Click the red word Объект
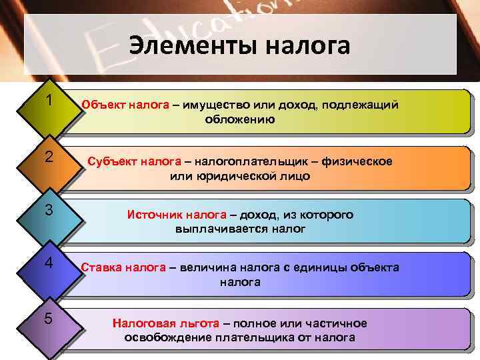pos(103,105)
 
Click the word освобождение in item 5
pos(167,337)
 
